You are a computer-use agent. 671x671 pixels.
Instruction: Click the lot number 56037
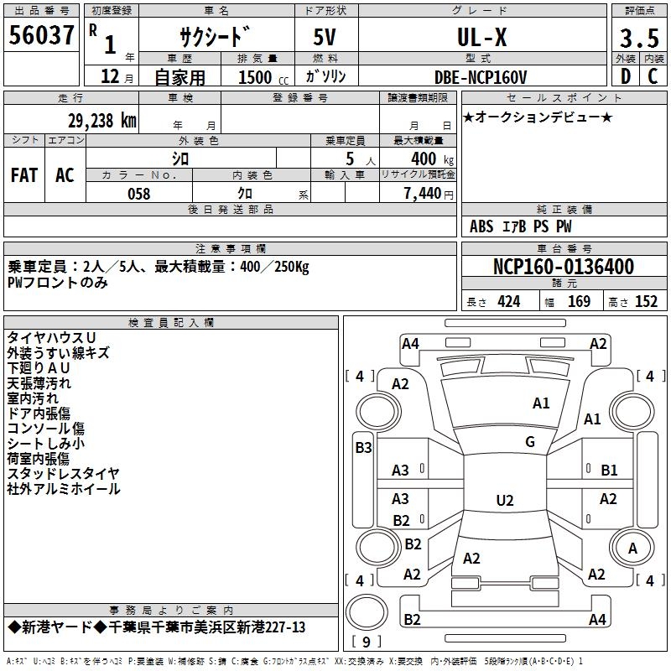(x=40, y=37)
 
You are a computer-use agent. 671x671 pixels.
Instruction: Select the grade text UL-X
(x=481, y=38)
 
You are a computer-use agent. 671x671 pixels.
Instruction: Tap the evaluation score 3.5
(x=638, y=39)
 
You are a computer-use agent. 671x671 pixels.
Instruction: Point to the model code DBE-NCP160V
(x=481, y=77)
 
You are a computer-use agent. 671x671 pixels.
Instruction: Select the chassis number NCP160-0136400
(x=564, y=268)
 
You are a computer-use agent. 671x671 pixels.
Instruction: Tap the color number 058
(x=139, y=194)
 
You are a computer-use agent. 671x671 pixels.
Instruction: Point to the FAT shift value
(x=24, y=174)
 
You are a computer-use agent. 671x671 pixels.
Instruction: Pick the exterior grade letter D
(x=625, y=77)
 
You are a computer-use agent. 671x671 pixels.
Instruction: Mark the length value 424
(x=509, y=302)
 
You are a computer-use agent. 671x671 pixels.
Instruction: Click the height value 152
(x=646, y=302)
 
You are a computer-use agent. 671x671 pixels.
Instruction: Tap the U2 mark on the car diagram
(x=504, y=501)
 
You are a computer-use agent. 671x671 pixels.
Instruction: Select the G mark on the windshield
(x=530, y=442)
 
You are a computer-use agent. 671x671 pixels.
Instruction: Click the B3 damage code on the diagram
(x=363, y=448)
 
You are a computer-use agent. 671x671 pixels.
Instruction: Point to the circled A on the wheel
(x=632, y=549)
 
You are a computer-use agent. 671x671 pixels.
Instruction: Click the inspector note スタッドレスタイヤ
(x=63, y=474)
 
